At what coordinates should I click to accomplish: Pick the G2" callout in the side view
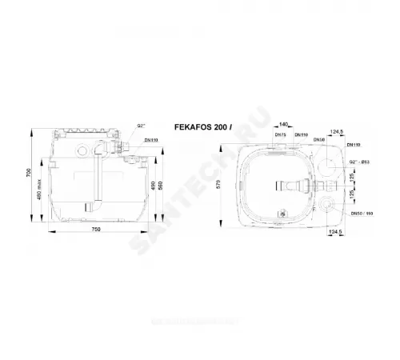tap(141, 126)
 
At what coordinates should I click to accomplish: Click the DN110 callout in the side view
tap(150, 139)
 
